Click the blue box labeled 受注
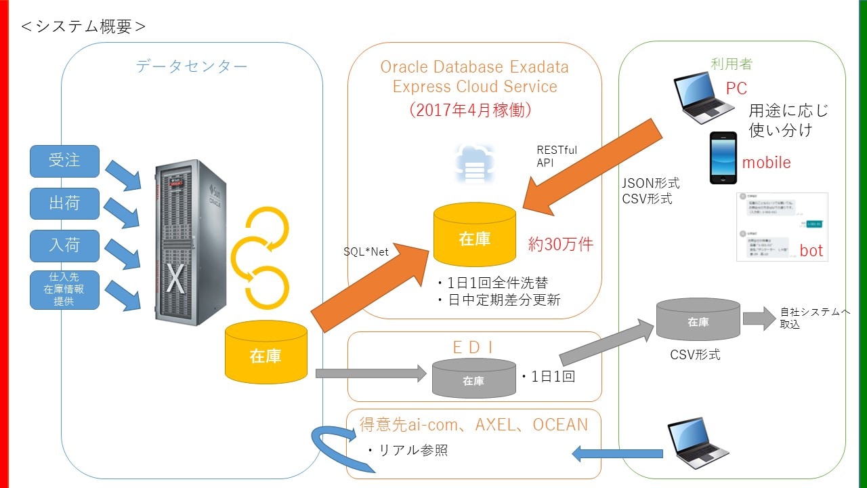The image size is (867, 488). [64, 161]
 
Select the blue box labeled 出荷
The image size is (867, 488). [64, 203]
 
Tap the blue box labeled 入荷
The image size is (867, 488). [64, 245]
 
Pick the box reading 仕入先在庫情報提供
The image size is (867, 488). [64, 290]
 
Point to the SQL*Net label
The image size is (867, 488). [366, 251]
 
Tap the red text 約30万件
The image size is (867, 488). [560, 245]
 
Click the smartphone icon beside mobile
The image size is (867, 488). [723, 158]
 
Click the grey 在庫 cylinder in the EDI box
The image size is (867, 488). [473, 380]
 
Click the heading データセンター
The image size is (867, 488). [192, 66]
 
